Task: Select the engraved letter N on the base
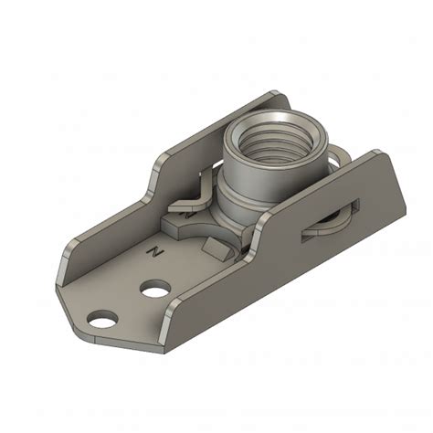pyautogui.click(x=158, y=248)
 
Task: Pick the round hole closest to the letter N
pyautogui.click(x=155, y=290)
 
